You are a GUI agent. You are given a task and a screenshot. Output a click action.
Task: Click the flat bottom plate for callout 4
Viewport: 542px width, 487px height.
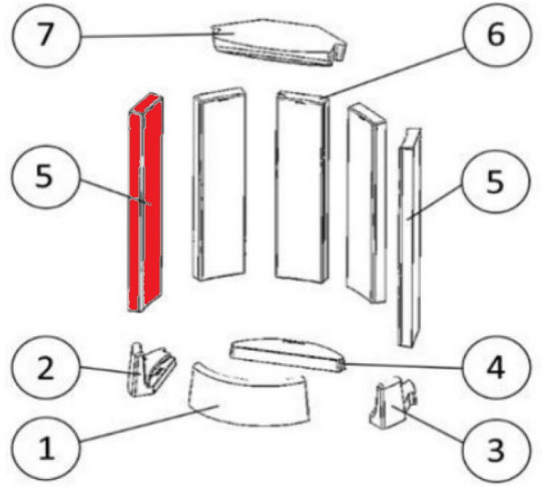pos(287,354)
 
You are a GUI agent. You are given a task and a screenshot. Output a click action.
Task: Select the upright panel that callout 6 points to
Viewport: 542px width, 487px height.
pos(303,187)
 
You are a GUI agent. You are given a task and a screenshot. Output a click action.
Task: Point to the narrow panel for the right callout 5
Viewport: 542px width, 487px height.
pos(409,239)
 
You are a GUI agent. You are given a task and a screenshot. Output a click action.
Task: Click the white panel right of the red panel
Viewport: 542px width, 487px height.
pos(220,183)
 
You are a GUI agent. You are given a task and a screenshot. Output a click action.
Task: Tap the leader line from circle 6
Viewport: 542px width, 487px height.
pos(394,72)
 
